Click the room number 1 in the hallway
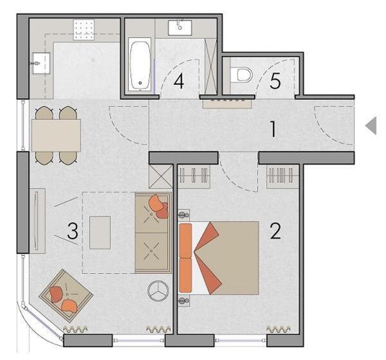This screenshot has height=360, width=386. click(x=273, y=129)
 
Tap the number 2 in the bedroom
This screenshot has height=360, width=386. click(x=275, y=231)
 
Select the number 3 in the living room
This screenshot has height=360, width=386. click(x=73, y=231)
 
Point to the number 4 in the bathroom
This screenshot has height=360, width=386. click(x=179, y=82)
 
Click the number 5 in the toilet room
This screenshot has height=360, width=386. click(x=275, y=81)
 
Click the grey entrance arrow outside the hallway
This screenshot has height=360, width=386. click(x=371, y=126)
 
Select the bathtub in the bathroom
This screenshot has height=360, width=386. click(x=140, y=64)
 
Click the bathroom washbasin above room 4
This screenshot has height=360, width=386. click(x=180, y=28)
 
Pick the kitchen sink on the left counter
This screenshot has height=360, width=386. click(x=41, y=63)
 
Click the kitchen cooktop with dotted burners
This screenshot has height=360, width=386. click(x=84, y=30)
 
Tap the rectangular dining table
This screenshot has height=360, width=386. click(x=57, y=135)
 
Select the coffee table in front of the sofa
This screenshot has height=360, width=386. click(x=100, y=233)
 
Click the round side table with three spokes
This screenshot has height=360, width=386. click(x=158, y=291)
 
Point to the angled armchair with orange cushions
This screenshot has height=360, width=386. click(x=66, y=295)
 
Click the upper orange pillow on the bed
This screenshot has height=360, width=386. click(x=185, y=240)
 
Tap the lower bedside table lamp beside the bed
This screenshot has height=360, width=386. click(x=183, y=300)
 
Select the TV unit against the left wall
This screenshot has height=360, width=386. click(x=37, y=221)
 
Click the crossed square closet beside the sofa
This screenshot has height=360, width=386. click(x=161, y=176)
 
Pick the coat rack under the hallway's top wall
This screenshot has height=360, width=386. click(x=227, y=104)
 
